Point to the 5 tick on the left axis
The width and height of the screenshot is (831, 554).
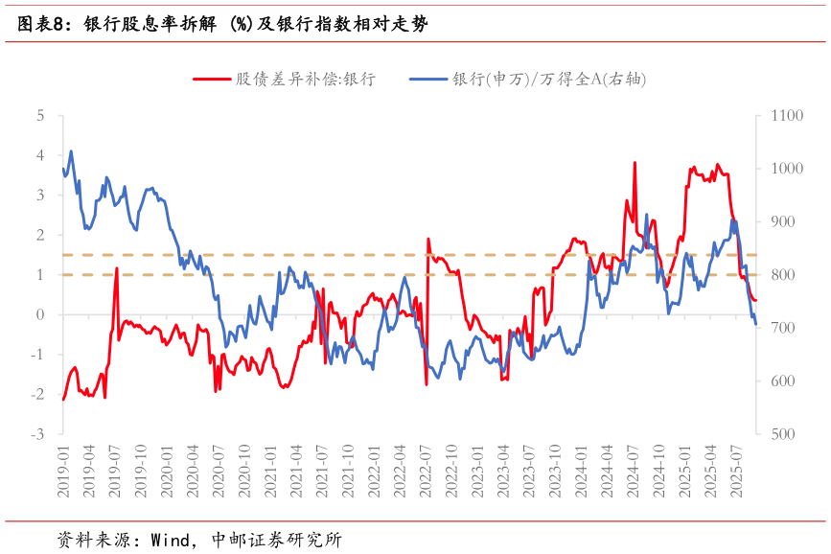point(40,115)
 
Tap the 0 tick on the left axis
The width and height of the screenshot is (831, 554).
point(40,314)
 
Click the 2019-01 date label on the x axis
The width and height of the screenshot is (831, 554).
point(63,470)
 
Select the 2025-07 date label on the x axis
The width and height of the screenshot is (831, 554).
point(735,470)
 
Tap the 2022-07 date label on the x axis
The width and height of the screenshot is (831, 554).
point(425,470)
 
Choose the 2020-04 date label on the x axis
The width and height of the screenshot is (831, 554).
point(193,470)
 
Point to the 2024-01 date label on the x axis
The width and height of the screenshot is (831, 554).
point(580,470)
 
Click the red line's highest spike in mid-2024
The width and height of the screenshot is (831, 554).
point(635,163)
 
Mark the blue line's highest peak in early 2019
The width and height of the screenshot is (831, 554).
point(71,150)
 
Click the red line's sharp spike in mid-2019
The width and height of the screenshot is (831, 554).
point(117,268)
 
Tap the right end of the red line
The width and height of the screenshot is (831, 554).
point(755,301)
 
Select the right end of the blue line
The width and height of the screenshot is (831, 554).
point(755,324)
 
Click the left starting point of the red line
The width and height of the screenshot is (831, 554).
point(63,399)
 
